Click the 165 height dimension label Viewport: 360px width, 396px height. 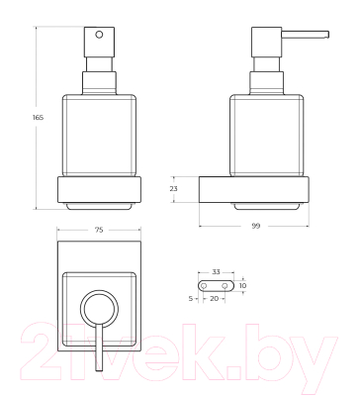click(x=39, y=117)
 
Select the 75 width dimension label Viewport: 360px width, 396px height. click(x=99, y=230)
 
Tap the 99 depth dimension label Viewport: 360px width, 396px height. click(x=256, y=226)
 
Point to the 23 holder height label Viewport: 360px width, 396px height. click(x=173, y=189)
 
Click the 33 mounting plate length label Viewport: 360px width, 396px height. click(x=216, y=272)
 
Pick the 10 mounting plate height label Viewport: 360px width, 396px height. click(x=242, y=286)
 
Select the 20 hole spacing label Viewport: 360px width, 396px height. click(x=214, y=298)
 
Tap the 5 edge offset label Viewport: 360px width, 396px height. click(x=191, y=299)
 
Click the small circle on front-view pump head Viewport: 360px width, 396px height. click(x=99, y=35)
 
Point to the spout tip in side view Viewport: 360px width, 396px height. click(x=327, y=35)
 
